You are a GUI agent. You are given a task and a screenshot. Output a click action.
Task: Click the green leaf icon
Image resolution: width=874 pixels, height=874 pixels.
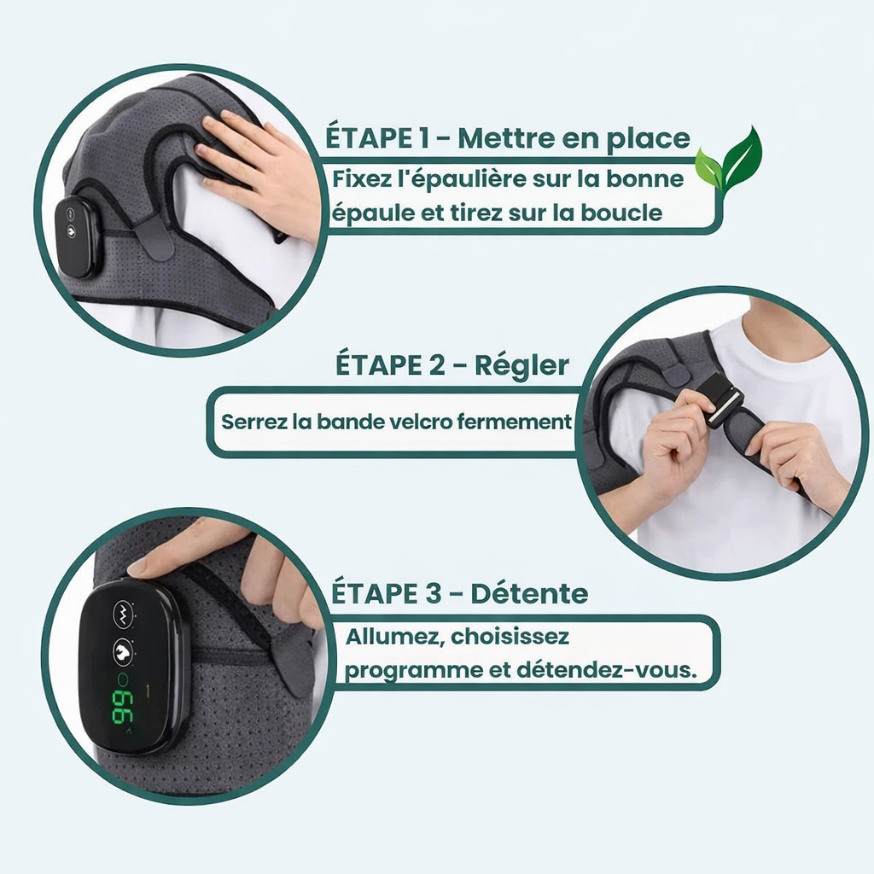click(x=728, y=161)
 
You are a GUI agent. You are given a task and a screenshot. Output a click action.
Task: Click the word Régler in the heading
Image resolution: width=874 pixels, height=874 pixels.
click(x=522, y=364)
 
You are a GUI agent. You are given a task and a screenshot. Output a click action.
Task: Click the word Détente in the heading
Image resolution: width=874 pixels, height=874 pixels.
click(x=530, y=593)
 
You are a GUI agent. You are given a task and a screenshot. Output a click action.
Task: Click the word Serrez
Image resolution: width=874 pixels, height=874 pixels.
click(x=248, y=421)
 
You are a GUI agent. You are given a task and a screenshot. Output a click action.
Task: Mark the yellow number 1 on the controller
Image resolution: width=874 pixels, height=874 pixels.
click(x=149, y=689)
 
